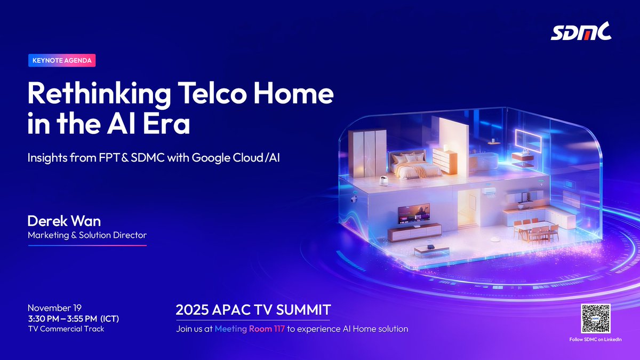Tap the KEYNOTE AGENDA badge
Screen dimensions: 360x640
(62, 60)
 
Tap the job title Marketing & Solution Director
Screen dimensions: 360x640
(87, 235)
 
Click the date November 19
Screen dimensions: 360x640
(54, 308)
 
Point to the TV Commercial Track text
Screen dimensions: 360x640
(66, 329)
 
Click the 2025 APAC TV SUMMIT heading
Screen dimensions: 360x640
(253, 309)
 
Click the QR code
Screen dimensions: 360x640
(595, 318)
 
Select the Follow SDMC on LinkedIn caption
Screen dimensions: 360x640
(595, 340)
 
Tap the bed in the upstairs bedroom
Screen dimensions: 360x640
(411, 166)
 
